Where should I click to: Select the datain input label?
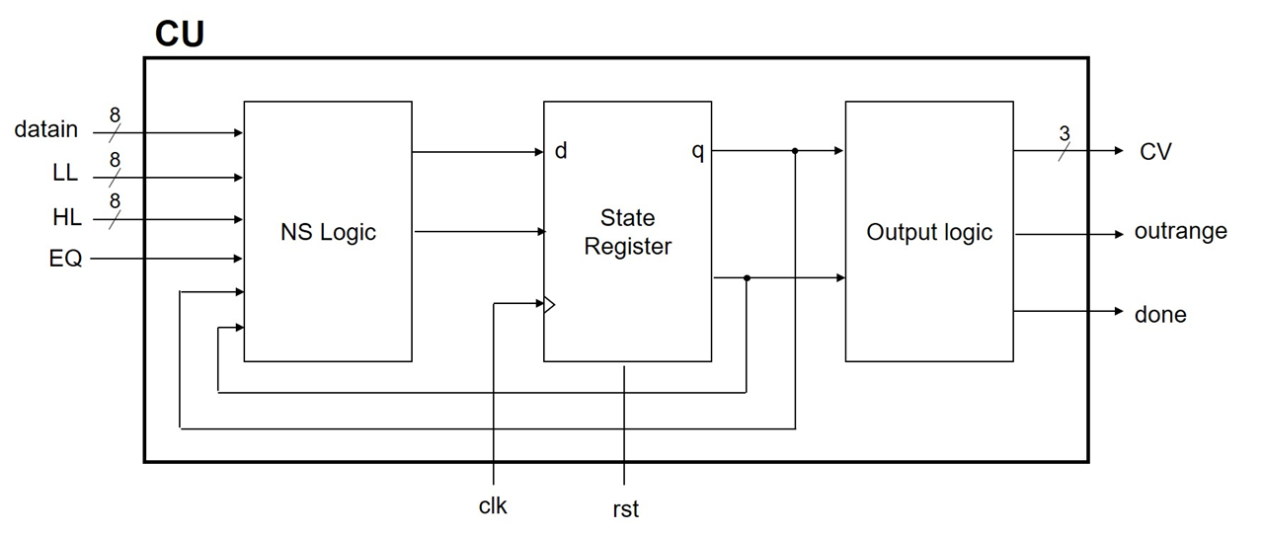pyautogui.click(x=45, y=129)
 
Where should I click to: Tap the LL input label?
pyautogui.click(x=65, y=174)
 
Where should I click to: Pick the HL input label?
pyautogui.click(x=67, y=217)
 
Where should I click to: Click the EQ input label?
pyautogui.click(x=66, y=260)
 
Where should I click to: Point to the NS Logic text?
pyautogui.click(x=328, y=233)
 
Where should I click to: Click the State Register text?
pyautogui.click(x=627, y=232)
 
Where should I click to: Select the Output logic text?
pyautogui.click(x=929, y=233)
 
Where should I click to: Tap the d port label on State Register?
pyautogui.click(x=561, y=152)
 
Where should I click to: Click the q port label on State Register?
pyautogui.click(x=697, y=152)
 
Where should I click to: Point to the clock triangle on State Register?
pyautogui.click(x=550, y=305)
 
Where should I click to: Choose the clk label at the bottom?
pyautogui.click(x=492, y=506)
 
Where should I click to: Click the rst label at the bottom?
pyautogui.click(x=625, y=509)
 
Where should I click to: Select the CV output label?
pyautogui.click(x=1155, y=152)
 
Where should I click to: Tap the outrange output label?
pyautogui.click(x=1180, y=232)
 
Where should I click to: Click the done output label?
pyautogui.click(x=1160, y=315)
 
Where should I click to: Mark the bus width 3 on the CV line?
pyautogui.click(x=1065, y=133)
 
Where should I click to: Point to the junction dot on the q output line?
pyautogui.click(x=795, y=151)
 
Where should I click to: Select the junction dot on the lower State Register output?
pyautogui.click(x=747, y=278)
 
